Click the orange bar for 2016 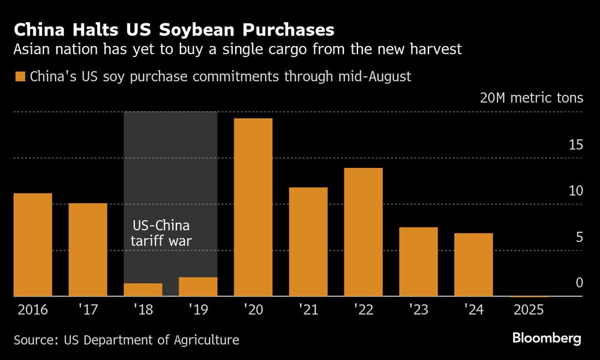(32, 245)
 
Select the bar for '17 (88, 250)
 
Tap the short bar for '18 (143, 290)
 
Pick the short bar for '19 (198, 287)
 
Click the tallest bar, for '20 (253, 207)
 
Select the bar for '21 (308, 242)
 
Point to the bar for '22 (363, 232)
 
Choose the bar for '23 (418, 262)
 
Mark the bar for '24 (473, 265)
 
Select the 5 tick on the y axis (579, 237)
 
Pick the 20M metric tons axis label (531, 98)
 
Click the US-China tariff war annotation (160, 234)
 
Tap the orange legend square (20, 77)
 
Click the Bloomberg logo (547, 338)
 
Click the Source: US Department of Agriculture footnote (126, 340)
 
